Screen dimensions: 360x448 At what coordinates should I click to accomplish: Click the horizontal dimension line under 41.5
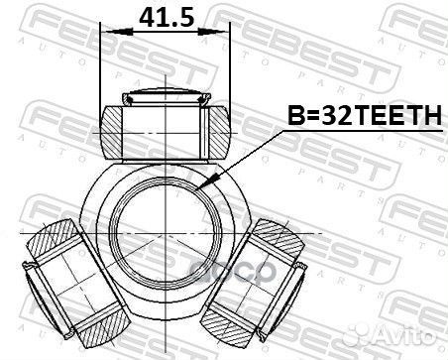[x=166, y=35]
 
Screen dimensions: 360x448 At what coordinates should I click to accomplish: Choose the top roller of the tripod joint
[x=166, y=124]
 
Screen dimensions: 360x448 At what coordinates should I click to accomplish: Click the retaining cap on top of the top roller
[x=166, y=96]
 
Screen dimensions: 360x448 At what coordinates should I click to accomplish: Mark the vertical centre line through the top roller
[x=166, y=159]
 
